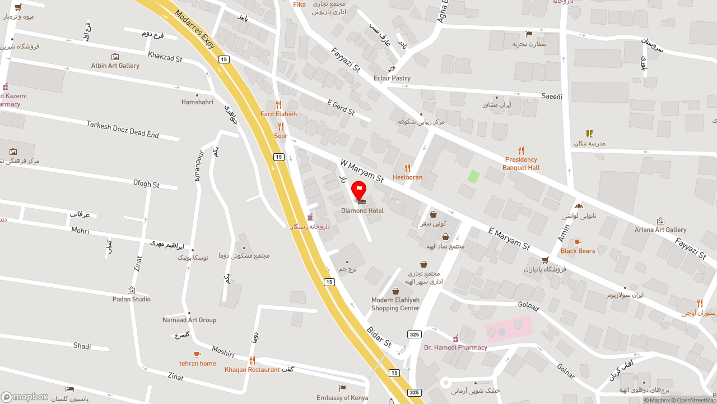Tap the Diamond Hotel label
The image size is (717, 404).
(362, 210)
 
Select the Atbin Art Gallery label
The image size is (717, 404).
(115, 66)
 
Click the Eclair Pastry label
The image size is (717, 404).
(392, 78)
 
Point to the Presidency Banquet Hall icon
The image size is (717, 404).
(522, 150)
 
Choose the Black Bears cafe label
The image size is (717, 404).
(578, 251)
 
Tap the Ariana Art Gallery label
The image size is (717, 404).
(660, 229)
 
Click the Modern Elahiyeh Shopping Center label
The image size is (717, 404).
(395, 304)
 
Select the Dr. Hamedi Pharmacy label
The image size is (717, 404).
(455, 347)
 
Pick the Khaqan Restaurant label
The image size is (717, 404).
(252, 370)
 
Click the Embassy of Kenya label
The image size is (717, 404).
(342, 398)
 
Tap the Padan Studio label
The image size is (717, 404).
(132, 299)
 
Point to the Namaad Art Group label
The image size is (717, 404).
(189, 320)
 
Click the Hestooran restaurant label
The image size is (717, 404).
(407, 177)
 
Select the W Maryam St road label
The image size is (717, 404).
(362, 171)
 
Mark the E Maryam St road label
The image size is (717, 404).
(509, 238)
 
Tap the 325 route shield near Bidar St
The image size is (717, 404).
(415, 334)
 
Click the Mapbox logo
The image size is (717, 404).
(25, 397)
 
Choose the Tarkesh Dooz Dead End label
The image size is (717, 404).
(123, 129)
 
